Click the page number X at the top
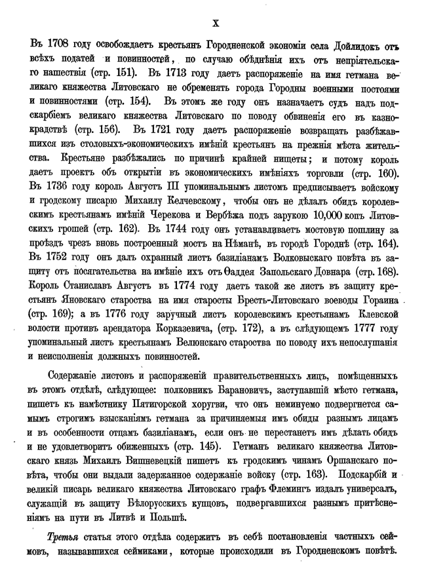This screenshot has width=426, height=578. click(x=216, y=22)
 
